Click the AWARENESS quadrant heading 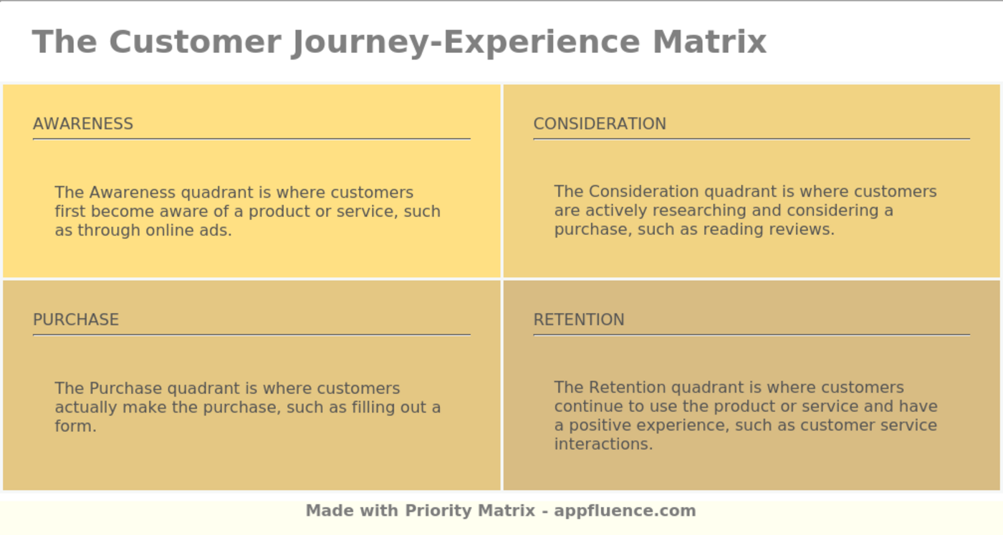pos(83,124)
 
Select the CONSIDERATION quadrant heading pos(600,124)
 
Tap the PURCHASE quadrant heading pos(76,319)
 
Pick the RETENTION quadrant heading pos(579,319)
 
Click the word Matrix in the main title pos(709,42)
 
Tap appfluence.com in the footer pos(625,511)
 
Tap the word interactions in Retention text pos(603,444)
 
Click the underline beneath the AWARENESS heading pos(251,139)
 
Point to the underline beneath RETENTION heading pos(752,334)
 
